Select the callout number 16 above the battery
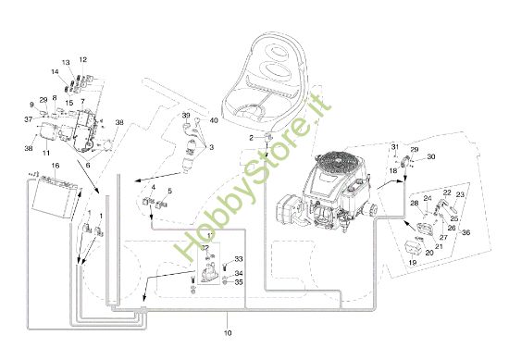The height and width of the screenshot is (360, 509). pos(56,166)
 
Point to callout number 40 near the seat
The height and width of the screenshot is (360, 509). pos(214,119)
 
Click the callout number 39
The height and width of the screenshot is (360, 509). pos(186,116)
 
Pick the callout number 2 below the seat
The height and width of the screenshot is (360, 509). pos(250,137)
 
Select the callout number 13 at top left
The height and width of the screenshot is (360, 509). pos(66,62)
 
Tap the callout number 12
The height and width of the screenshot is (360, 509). pos(82,59)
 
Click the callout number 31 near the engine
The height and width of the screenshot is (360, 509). pos(393,147)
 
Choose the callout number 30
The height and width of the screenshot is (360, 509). pos(430,156)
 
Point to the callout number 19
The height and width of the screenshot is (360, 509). pos(414,263)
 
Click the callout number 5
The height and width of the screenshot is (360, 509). pos(169,191)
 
